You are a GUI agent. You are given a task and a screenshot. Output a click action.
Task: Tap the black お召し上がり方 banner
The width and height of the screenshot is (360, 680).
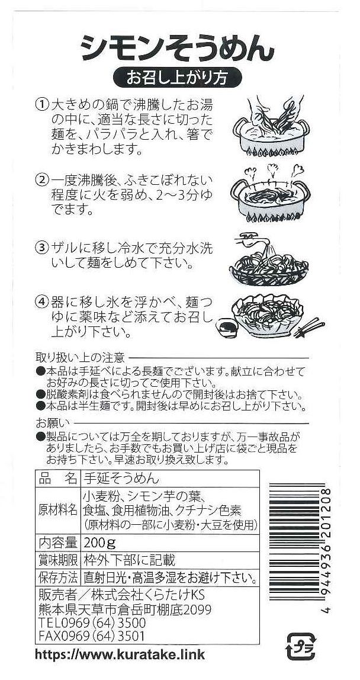[177, 77]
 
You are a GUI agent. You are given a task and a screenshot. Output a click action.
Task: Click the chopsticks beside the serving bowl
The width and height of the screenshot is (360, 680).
[309, 327]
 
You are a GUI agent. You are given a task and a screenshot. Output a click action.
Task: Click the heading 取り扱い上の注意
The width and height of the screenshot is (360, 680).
[81, 358]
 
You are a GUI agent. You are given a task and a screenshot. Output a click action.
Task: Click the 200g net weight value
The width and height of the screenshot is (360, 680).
[100, 543]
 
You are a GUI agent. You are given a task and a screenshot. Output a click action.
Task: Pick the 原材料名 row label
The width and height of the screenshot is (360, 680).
[57, 509]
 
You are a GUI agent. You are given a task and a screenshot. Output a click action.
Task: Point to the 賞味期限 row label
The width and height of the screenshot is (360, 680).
[57, 560]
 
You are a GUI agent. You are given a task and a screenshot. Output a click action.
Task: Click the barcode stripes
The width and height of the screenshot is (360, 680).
[297, 541]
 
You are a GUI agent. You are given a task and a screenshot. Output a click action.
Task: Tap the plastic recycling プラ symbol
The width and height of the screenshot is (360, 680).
[301, 646]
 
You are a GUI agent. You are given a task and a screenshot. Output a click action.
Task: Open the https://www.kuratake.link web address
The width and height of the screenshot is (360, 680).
[120, 653]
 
